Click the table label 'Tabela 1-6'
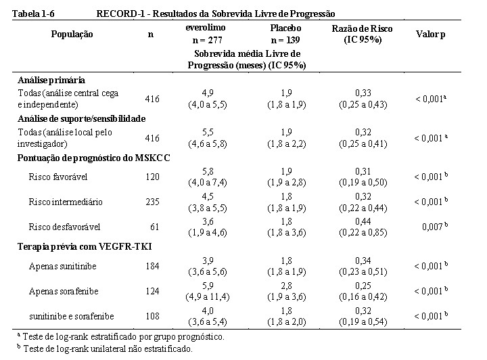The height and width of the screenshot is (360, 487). point(33,14)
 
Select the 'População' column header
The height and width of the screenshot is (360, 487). point(72,34)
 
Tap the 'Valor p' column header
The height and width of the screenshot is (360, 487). point(430,34)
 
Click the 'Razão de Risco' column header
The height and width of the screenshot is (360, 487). point(362,28)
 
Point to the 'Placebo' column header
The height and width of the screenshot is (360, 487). point(285,28)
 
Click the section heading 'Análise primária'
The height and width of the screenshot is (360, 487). point(51,80)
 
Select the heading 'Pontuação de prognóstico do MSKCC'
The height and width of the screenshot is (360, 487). point(94,158)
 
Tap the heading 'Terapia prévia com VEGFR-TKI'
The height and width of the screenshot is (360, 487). point(85,246)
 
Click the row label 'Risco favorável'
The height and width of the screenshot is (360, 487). point(58,177)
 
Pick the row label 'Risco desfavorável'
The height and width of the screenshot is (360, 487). point(65,227)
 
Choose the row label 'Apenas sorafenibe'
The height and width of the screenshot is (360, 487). point(64,292)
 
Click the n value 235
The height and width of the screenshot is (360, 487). point(152,202)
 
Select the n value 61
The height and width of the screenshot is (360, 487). point(155,227)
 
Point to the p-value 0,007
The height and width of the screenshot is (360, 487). point(432,227)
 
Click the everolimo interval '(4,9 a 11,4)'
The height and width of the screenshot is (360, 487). point(208,297)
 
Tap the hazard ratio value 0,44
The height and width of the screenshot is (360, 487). point(363,221)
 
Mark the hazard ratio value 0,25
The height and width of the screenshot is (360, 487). point(363,286)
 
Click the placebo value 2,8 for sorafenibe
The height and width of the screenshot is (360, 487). point(286,286)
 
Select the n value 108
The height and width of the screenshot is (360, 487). point(152,316)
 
